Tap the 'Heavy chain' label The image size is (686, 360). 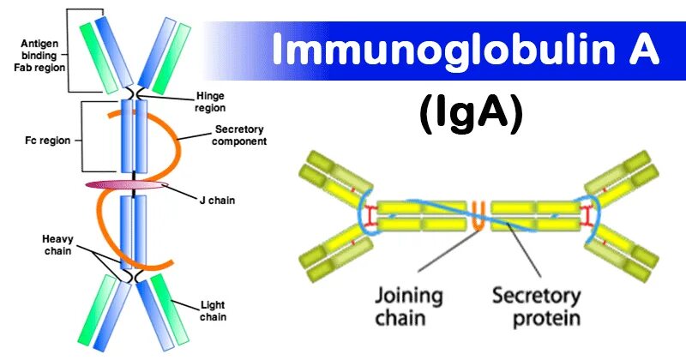57,244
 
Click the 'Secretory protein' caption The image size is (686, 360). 536,307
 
